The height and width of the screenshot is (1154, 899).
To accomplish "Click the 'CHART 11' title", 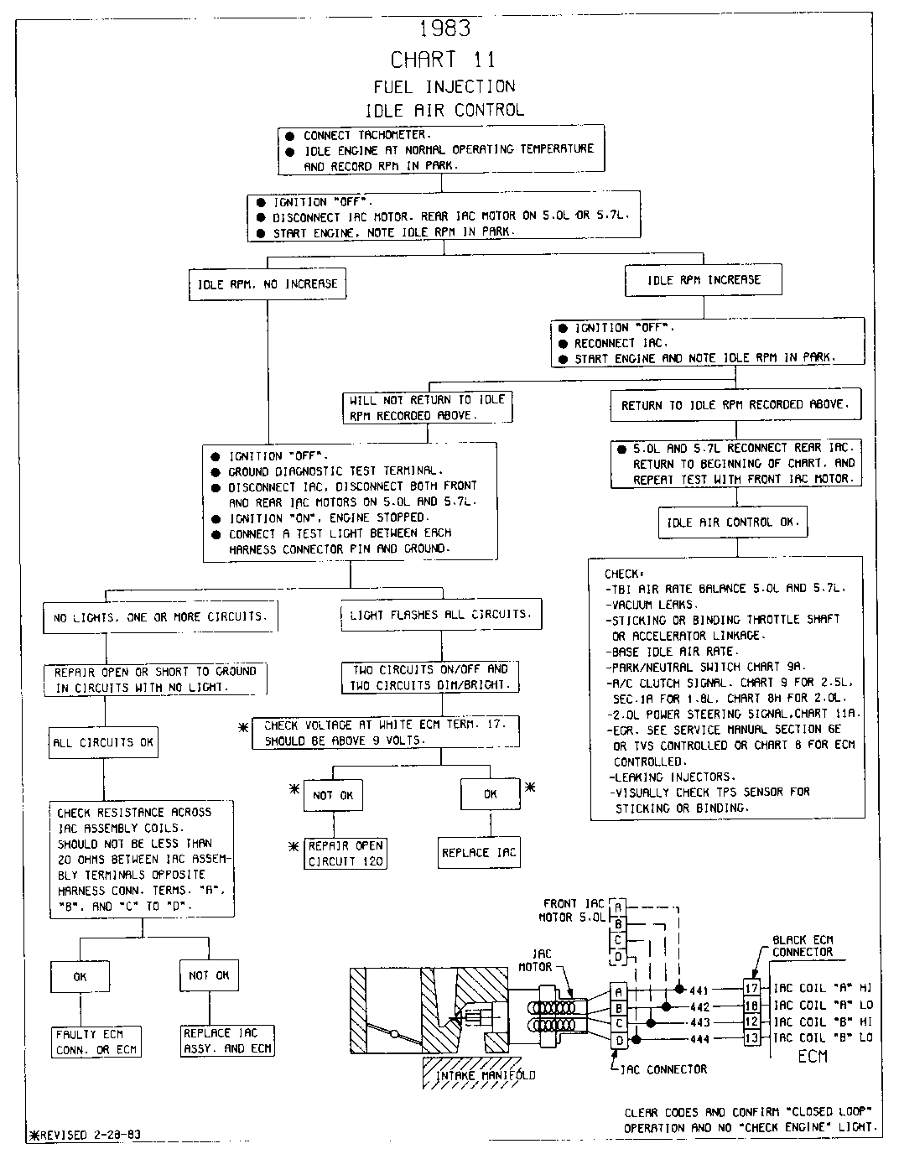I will pyautogui.click(x=443, y=60).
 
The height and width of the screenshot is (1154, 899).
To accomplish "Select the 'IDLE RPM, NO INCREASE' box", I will pyautogui.click(x=268, y=284).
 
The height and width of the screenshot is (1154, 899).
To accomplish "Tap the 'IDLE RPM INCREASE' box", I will pyautogui.click(x=704, y=280).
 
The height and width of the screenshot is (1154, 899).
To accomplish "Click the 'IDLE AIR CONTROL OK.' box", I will pyautogui.click(x=733, y=522).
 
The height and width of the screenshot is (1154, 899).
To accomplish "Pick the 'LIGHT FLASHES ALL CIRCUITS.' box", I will pyautogui.click(x=440, y=615).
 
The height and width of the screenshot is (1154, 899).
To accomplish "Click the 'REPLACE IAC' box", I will pyautogui.click(x=479, y=853).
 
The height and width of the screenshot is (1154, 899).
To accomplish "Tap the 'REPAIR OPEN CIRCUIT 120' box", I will pyautogui.click(x=346, y=854).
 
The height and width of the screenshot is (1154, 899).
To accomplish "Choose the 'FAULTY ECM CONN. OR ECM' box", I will pyautogui.click(x=96, y=1042).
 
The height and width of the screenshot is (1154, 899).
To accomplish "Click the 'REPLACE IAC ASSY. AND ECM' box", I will pyautogui.click(x=227, y=1041).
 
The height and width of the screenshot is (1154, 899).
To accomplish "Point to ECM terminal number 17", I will pyautogui.click(x=751, y=989).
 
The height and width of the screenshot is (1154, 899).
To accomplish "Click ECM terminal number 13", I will pyautogui.click(x=751, y=1038).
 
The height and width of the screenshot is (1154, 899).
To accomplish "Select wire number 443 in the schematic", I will pyautogui.click(x=699, y=1022).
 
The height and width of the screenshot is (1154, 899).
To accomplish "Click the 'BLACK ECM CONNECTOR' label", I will pyautogui.click(x=803, y=946).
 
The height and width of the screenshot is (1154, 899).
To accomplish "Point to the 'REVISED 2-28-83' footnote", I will pyautogui.click(x=86, y=1135).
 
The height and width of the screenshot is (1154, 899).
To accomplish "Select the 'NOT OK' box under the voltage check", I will pyautogui.click(x=333, y=795).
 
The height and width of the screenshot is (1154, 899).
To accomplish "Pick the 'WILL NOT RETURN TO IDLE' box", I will pyautogui.click(x=428, y=408).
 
